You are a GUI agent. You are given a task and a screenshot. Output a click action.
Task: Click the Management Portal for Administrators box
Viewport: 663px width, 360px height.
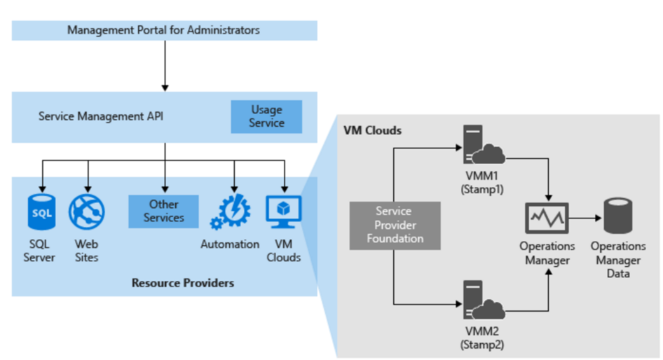click(x=164, y=30)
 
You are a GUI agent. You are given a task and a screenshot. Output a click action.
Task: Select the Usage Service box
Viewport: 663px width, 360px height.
click(x=266, y=116)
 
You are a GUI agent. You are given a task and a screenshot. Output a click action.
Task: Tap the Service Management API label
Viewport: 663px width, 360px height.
click(x=101, y=116)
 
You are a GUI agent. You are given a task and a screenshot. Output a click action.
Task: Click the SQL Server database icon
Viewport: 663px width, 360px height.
click(x=41, y=212)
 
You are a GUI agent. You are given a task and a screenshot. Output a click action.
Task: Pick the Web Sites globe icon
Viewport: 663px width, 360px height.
click(x=87, y=212)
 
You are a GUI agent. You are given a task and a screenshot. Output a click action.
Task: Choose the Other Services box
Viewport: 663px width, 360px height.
click(x=163, y=211)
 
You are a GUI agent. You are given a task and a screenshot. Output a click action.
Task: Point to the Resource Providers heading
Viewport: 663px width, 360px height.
click(x=183, y=283)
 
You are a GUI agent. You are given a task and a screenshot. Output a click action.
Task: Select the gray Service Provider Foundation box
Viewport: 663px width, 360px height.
click(x=395, y=225)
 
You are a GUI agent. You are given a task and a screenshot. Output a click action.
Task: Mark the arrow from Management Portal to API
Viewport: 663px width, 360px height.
click(x=165, y=66)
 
